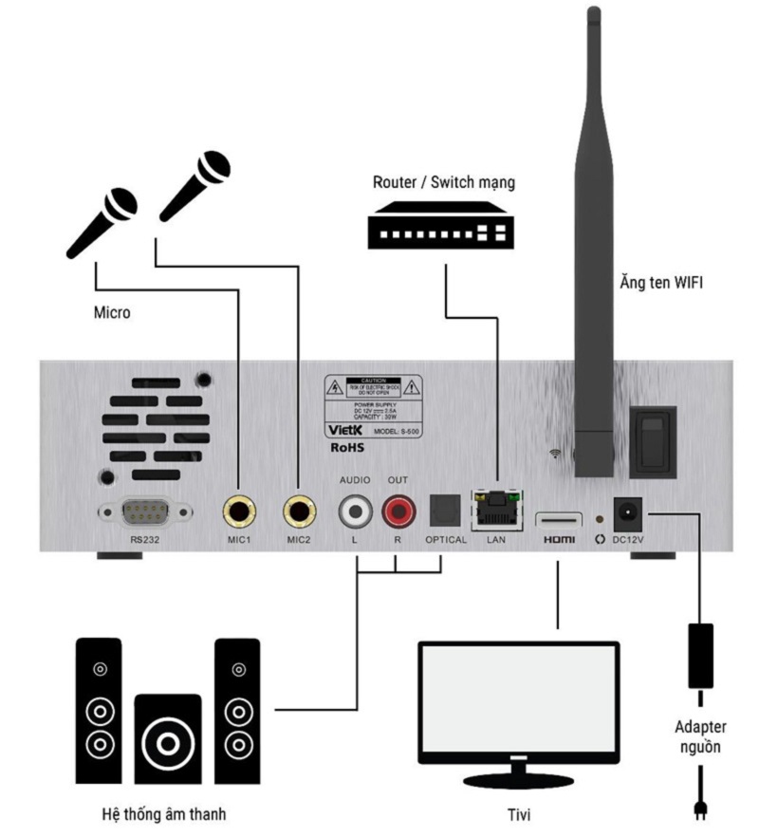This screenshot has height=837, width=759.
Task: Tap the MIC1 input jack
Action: [x=240, y=513]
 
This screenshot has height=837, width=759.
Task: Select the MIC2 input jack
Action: [x=301, y=513]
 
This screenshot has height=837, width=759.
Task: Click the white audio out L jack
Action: [x=356, y=512]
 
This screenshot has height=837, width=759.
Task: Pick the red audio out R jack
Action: [x=398, y=512]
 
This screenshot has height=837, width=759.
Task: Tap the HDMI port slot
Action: [x=558, y=519]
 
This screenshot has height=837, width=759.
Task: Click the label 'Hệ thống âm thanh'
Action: [x=163, y=814]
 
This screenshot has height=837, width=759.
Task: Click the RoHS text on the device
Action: [x=348, y=448]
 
